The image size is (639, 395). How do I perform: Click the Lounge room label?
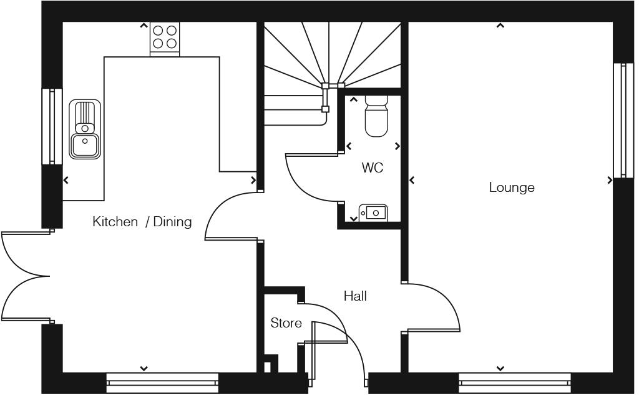point(512,187)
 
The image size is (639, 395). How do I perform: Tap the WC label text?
point(373,168)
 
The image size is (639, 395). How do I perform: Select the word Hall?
point(355,296)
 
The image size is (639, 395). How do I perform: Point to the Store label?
point(286,323)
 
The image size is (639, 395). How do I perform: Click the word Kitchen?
point(115,222)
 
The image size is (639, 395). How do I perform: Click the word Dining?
point(172,222)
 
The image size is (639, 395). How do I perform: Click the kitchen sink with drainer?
point(85,128)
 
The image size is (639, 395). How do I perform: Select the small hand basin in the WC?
point(373,213)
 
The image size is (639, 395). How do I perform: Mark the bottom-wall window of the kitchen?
point(162,379)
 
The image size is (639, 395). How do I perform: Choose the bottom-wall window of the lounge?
point(515,379)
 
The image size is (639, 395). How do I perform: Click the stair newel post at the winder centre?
point(325,86)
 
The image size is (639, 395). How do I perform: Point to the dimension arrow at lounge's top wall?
point(500,26)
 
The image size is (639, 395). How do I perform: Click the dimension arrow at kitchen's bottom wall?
point(144,369)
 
